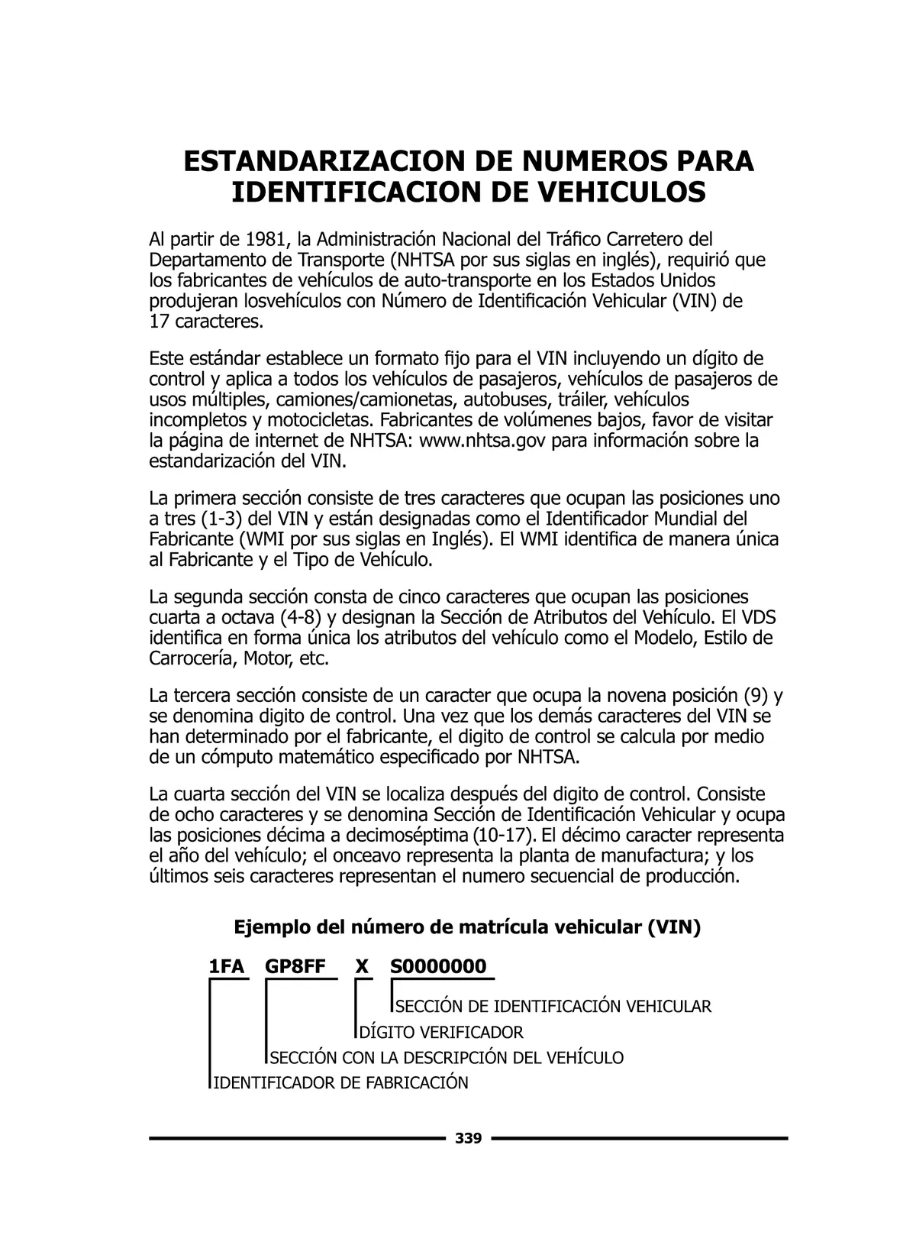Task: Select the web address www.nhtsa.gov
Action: [482, 441]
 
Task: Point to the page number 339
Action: [468, 1139]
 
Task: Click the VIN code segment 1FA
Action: [227, 967]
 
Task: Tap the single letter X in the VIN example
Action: [362, 967]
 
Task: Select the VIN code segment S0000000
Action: [438, 967]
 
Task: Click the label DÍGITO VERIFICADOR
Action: [441, 1033]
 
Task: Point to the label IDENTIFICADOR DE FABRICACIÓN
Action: [340, 1083]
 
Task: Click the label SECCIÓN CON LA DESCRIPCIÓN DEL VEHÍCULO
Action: [447, 1058]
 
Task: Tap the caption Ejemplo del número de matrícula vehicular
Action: [466, 928]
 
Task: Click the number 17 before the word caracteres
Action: [159, 322]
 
